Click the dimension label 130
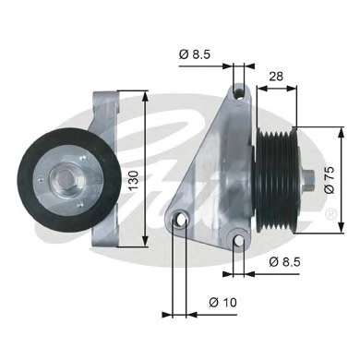click(x=134, y=180)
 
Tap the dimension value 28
click(x=276, y=76)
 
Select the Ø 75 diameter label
click(x=330, y=180)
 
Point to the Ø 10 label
click(x=223, y=302)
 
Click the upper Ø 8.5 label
click(x=195, y=54)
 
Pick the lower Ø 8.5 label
click(x=284, y=262)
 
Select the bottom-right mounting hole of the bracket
click(x=239, y=242)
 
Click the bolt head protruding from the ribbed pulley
click(x=308, y=180)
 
